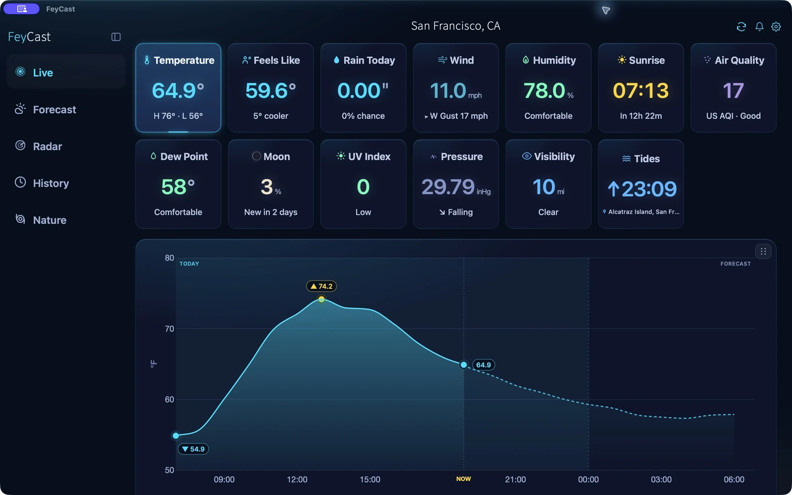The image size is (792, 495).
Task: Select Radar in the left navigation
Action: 39,146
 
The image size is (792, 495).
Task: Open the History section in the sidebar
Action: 42,183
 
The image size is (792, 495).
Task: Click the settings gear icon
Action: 776,26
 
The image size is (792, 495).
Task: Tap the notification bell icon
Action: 759,26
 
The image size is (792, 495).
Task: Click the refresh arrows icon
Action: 741,26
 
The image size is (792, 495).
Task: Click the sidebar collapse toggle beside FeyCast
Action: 116,37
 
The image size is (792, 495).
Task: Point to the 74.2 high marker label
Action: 321,286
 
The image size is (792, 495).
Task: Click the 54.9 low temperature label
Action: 193,449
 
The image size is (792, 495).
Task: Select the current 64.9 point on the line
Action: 464,365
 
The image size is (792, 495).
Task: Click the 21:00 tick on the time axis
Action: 515,480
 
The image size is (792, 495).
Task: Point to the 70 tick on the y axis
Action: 169,329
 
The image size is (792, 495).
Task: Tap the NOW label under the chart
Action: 464,479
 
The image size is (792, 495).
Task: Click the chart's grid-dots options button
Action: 763,251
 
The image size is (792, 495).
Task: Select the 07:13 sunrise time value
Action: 641,91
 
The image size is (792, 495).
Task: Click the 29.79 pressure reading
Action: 448,186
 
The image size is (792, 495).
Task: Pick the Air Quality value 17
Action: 733,91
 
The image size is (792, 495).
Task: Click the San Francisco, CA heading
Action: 455,26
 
